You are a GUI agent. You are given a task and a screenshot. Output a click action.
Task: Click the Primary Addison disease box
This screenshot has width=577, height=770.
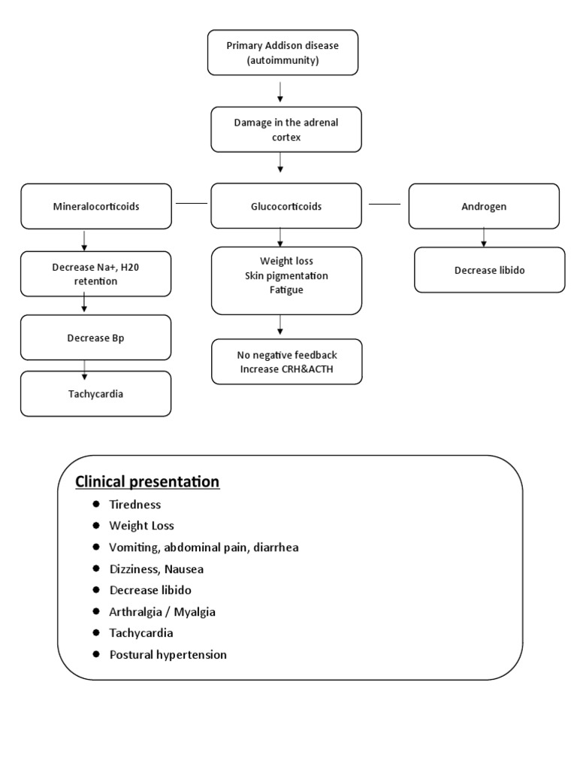point(282,53)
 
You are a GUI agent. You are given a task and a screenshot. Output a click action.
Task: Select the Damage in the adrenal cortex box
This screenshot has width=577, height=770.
point(285,129)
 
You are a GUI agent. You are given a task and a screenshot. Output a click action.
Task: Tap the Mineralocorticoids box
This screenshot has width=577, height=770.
point(96,206)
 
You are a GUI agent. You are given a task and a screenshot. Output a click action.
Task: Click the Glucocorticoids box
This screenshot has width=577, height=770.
point(285,205)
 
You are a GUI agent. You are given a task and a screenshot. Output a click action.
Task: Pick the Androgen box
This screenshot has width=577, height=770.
point(483,205)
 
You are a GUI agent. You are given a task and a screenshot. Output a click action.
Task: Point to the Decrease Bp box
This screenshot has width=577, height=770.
point(95,338)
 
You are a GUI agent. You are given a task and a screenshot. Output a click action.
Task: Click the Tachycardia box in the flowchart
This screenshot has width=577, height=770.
point(95,393)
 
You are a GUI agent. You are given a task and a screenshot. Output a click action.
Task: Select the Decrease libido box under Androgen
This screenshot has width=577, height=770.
point(489,270)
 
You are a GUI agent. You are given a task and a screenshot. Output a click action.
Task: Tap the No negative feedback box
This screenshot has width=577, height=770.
point(286,362)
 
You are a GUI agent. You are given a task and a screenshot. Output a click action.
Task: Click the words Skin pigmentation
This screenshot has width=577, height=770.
point(286,276)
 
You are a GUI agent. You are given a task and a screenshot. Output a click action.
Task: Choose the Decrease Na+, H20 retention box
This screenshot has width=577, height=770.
point(95,274)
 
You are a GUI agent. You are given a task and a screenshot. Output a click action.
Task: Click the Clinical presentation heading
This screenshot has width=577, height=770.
point(147,481)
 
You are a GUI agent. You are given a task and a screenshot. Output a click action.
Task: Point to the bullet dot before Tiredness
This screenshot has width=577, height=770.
point(96,505)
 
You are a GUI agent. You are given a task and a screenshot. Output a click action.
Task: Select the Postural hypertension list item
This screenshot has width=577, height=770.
point(168,655)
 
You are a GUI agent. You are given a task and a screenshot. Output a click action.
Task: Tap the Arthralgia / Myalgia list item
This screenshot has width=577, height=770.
point(162,612)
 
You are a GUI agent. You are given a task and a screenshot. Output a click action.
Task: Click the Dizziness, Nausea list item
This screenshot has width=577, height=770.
point(156,569)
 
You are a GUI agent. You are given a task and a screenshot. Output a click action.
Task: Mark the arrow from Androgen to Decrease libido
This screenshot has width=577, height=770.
point(483,237)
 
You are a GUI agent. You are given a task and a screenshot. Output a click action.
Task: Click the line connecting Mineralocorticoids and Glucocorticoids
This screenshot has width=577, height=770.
point(191,203)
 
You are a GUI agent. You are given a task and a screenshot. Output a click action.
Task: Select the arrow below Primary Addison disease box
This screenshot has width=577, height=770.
point(280,91)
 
